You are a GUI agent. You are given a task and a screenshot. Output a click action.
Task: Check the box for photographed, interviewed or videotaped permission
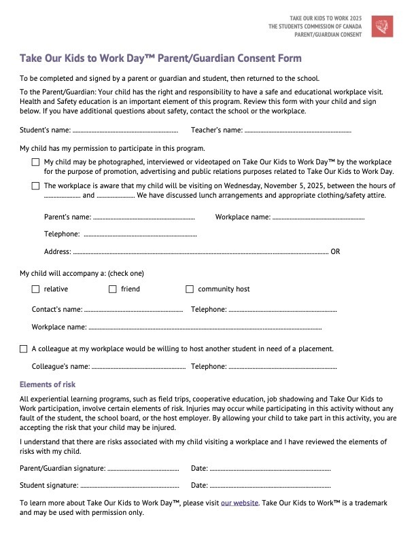[35, 162]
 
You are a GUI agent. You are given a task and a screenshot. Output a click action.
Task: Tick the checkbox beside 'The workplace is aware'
[35, 185]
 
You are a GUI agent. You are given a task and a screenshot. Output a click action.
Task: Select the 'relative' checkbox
[35, 289]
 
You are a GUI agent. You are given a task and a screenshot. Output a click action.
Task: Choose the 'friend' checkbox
[113, 289]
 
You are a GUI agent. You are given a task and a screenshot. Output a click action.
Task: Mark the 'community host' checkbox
[190, 289]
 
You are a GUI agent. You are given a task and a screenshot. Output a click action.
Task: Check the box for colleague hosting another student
[24, 348]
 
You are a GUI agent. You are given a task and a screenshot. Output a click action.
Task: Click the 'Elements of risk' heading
[48, 384]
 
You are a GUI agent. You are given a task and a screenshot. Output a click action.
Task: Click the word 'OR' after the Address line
[335, 251]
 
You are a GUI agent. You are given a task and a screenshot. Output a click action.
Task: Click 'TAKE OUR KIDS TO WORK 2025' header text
[327, 17]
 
